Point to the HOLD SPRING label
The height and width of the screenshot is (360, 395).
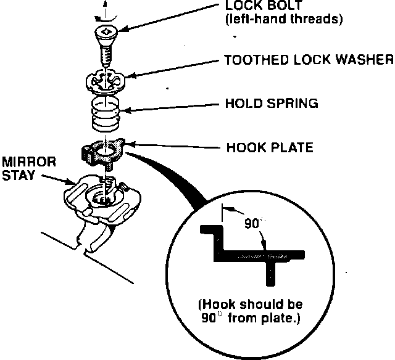pyautogui.click(x=272, y=103)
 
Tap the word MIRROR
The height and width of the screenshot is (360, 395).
pyautogui.click(x=29, y=162)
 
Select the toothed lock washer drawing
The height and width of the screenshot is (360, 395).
pyautogui.click(x=106, y=81)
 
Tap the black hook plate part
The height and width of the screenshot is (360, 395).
pyautogui.click(x=99, y=151)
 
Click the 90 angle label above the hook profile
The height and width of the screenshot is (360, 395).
pyautogui.click(x=250, y=223)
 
